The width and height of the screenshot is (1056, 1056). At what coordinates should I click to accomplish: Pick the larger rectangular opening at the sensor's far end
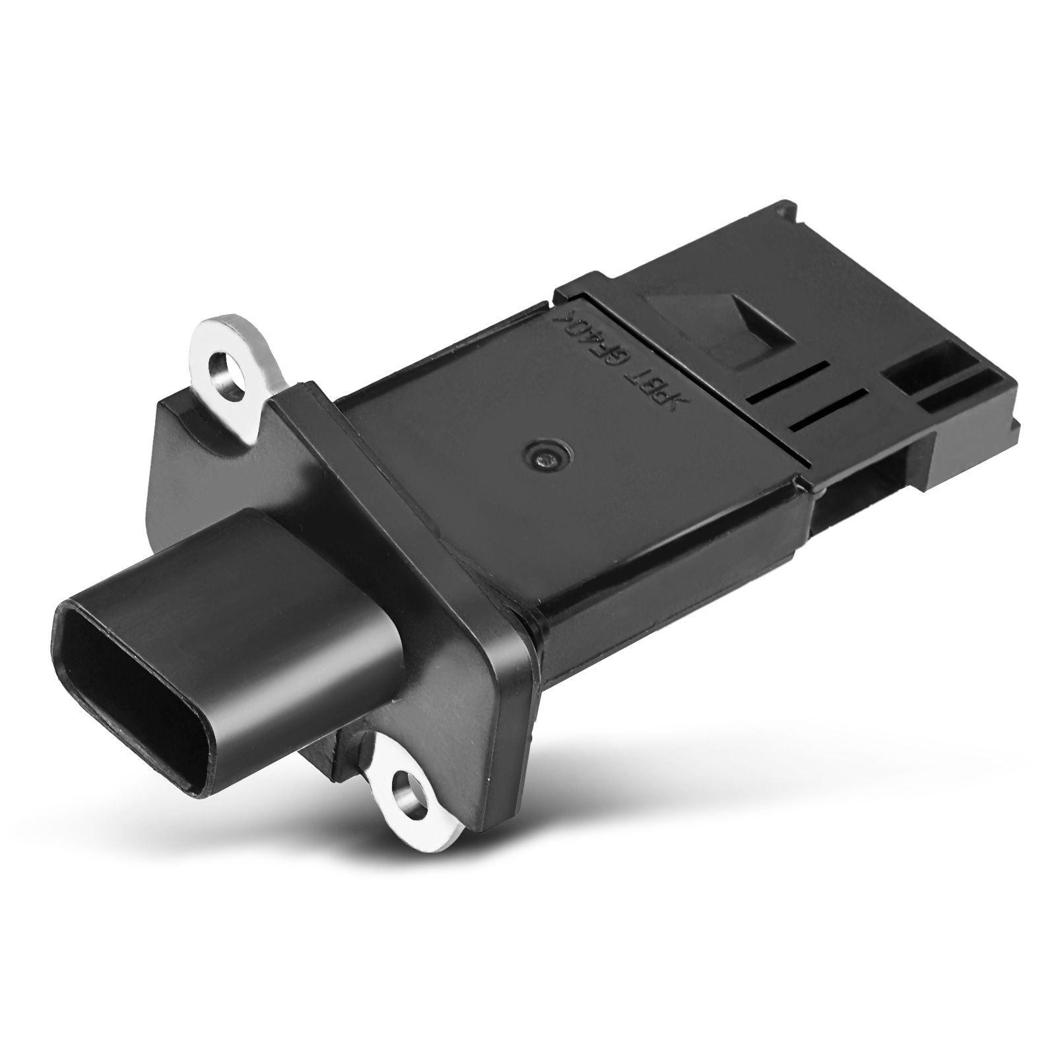point(917,379)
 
